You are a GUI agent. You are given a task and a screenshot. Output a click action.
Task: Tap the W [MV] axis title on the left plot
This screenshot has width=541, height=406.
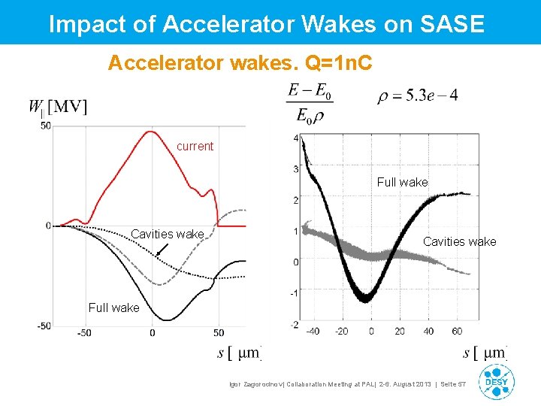point(59,108)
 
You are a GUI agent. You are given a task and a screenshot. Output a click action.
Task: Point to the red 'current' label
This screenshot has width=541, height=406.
point(195,146)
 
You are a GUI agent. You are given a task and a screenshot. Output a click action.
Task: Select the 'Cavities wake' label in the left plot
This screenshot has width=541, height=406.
point(167,235)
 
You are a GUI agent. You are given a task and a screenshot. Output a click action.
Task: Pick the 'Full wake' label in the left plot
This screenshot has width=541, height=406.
point(113,308)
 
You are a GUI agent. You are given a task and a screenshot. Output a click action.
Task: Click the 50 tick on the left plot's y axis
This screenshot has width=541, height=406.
point(46,126)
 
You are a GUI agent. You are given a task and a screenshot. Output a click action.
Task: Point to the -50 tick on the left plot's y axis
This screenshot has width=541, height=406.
point(44,326)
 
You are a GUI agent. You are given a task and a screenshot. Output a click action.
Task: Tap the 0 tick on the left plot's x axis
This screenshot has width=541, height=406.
point(153,332)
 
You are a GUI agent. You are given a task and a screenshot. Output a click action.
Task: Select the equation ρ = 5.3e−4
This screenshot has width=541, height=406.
point(418,95)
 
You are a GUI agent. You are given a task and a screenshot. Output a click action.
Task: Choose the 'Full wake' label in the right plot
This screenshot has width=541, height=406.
point(402,182)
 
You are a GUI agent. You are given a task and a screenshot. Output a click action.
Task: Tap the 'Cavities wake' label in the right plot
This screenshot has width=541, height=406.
point(459,241)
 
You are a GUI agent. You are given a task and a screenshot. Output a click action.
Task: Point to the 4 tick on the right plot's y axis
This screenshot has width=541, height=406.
point(296,138)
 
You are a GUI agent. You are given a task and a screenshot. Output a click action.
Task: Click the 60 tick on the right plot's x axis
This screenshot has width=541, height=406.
point(457,332)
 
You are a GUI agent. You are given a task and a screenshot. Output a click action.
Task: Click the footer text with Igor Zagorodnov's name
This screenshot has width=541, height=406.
point(347,384)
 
